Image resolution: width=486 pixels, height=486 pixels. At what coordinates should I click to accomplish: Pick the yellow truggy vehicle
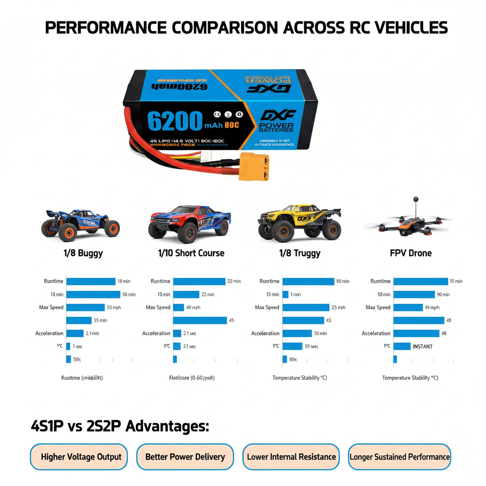(x=299, y=222)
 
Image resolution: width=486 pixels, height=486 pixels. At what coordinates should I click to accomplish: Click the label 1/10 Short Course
(x=191, y=253)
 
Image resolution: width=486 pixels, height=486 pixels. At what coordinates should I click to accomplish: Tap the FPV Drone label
(x=411, y=253)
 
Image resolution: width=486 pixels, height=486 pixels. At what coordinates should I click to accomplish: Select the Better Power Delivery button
(x=185, y=457)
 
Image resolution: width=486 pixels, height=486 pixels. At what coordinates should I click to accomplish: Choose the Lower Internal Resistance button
(x=291, y=457)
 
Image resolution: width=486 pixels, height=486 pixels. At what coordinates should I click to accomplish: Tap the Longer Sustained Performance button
(x=399, y=457)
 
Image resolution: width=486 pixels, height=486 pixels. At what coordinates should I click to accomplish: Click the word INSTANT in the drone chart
(x=422, y=346)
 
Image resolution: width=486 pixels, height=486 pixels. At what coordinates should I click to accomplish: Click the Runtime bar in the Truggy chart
(x=308, y=281)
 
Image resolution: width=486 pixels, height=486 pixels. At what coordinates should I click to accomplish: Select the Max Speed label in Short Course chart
(x=158, y=308)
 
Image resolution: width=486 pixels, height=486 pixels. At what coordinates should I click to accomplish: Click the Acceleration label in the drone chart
(x=376, y=333)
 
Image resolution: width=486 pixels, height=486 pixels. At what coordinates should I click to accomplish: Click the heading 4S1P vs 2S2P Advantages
(x=120, y=426)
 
